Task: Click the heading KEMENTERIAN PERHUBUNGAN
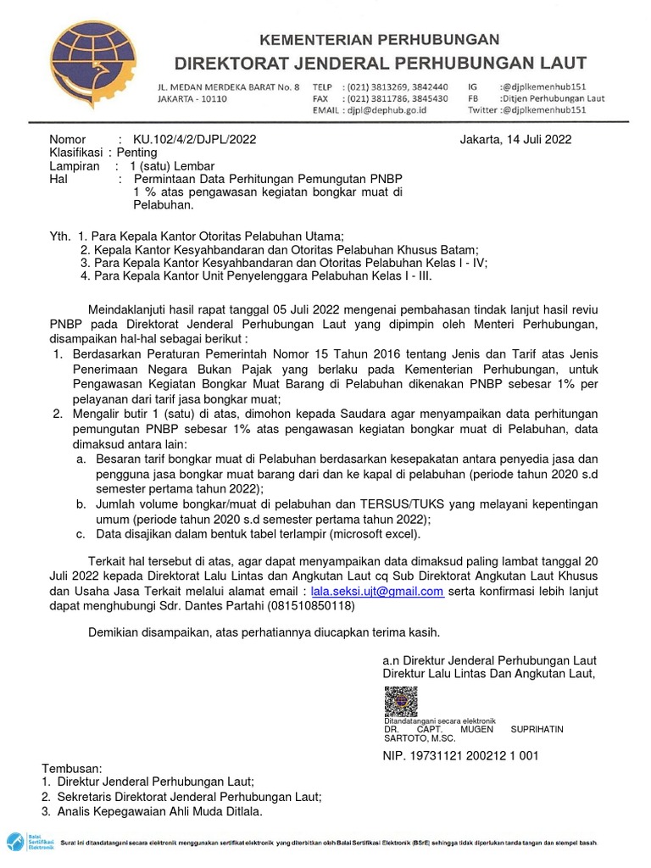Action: [379, 40]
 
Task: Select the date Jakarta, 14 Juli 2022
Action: [515, 140]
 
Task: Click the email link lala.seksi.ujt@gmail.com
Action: [377, 592]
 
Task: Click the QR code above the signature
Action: [401, 702]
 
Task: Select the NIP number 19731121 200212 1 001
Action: [480, 756]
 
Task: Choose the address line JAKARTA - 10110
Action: [192, 98]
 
